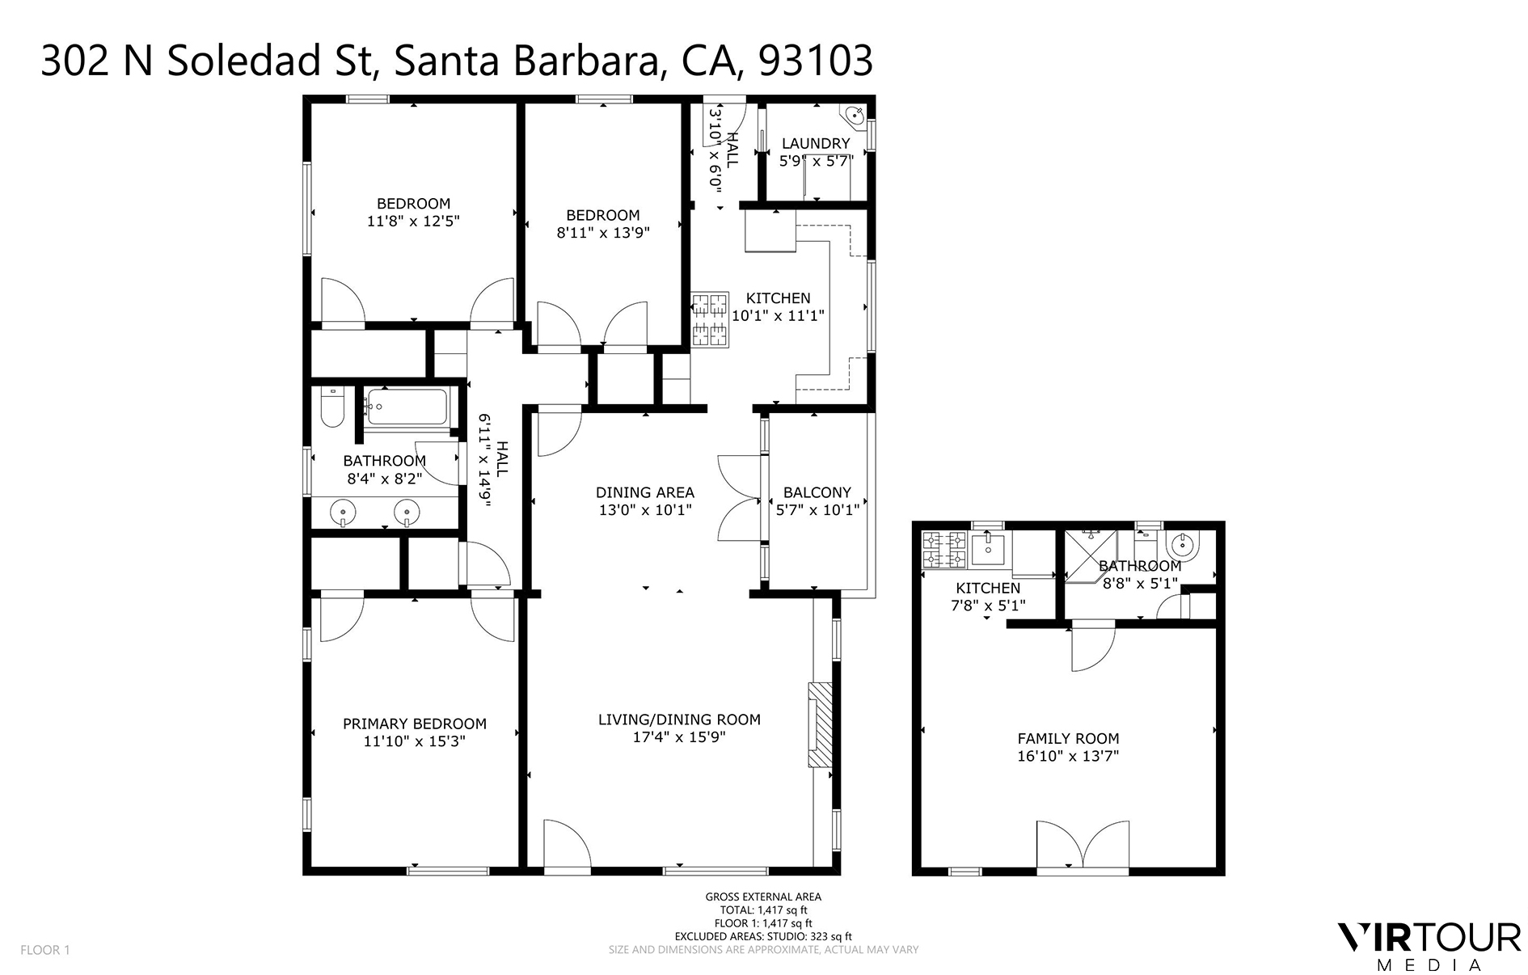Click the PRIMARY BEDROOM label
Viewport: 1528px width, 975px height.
414,724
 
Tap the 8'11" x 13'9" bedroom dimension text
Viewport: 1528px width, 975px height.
603,233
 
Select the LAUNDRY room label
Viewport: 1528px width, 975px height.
816,143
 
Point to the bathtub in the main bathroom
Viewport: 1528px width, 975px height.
406,407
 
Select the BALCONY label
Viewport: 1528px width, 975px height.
817,492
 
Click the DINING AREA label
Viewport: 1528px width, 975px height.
644,492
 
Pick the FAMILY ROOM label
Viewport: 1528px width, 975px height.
1067,737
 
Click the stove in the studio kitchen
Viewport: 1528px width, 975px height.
944,548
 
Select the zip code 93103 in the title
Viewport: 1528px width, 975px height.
816,61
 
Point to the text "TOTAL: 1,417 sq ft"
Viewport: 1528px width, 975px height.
762,910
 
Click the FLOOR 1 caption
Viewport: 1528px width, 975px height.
45,950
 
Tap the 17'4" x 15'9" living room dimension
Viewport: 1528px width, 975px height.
679,737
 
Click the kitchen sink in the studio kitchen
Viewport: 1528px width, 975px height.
987,549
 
